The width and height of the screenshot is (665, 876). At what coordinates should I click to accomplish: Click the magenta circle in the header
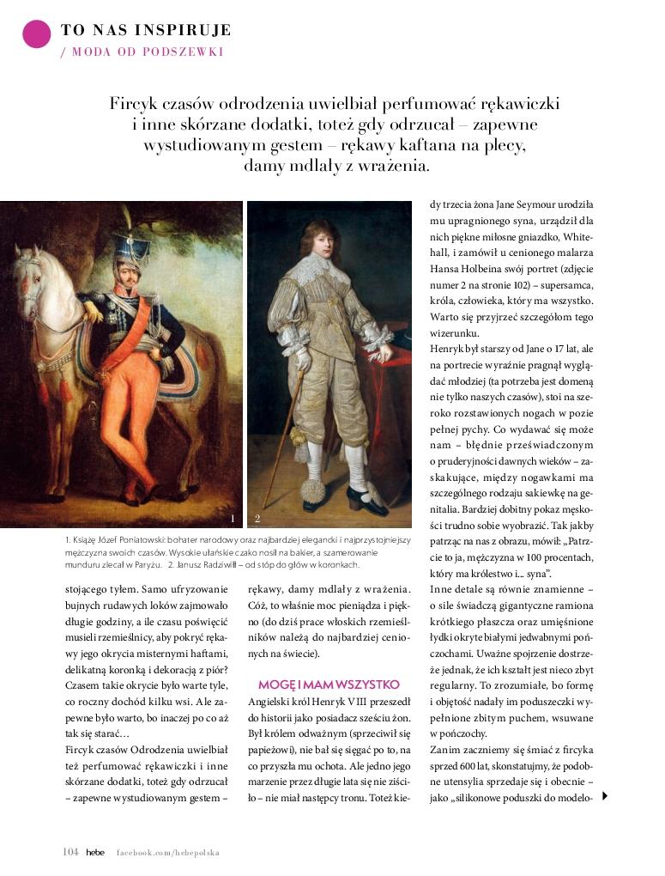(x=37, y=33)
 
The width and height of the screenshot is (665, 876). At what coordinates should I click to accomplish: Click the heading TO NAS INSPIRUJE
(x=146, y=31)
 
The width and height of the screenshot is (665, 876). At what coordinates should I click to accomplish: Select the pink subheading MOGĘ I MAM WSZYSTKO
(x=329, y=684)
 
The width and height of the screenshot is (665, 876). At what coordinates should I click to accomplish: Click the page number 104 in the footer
(x=70, y=852)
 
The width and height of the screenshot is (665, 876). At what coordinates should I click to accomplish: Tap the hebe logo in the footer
(x=94, y=852)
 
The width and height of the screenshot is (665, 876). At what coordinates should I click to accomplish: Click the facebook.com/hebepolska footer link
(x=168, y=853)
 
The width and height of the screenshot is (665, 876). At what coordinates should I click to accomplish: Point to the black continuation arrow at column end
(x=605, y=796)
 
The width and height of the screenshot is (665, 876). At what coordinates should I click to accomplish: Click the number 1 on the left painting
(x=233, y=518)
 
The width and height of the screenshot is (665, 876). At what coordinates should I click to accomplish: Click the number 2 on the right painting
(x=257, y=518)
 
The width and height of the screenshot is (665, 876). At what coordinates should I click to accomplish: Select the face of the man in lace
(x=322, y=237)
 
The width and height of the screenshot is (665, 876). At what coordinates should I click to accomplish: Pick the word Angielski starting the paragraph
(x=271, y=701)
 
